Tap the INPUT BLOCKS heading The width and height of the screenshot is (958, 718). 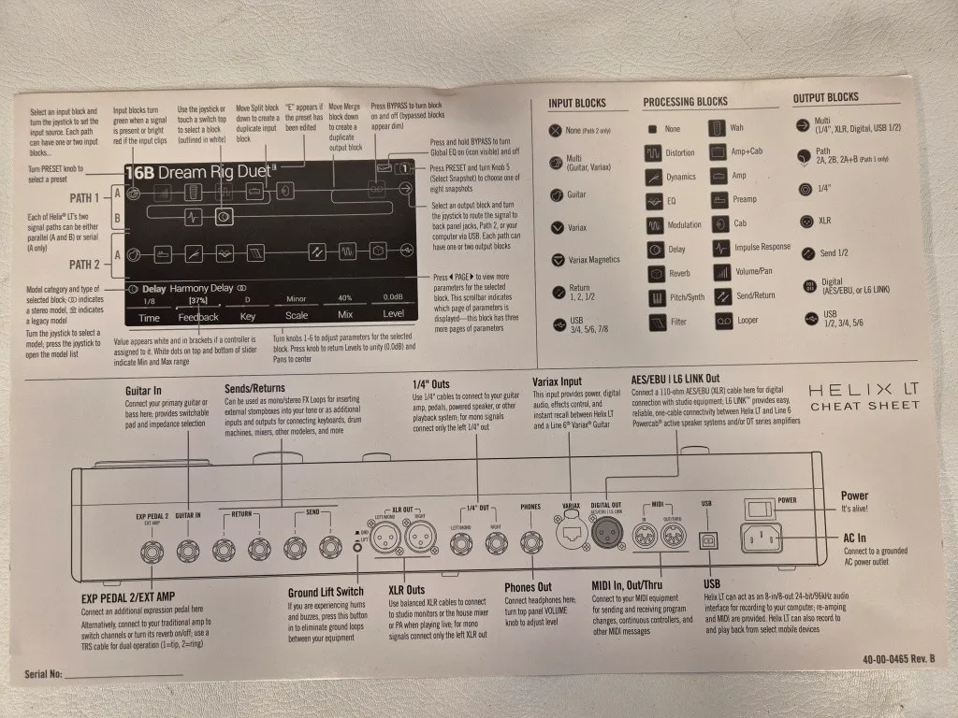pos(576,103)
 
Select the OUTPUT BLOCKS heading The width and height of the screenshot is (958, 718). pos(825,98)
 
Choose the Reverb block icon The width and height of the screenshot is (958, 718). pos(655,274)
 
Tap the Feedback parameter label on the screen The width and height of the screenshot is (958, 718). pos(198,316)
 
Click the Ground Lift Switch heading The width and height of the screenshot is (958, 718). pos(326,592)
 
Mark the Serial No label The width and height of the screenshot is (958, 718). pos(43,674)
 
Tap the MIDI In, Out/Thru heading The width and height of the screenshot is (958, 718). pos(637,585)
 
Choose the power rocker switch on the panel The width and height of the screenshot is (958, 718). pos(759,506)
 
